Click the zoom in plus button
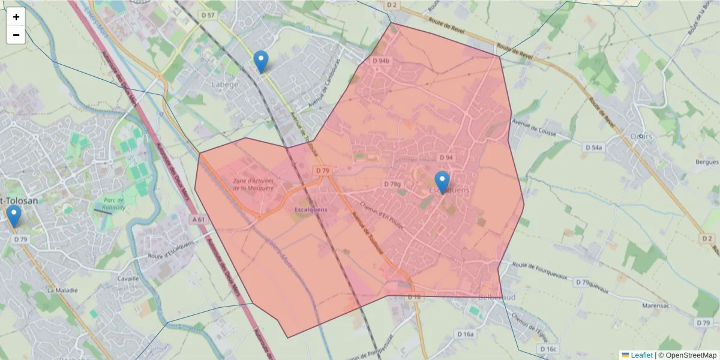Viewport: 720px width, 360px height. pos(16,17)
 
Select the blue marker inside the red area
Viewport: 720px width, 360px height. pos(442,182)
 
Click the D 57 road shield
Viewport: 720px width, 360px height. pos(208,14)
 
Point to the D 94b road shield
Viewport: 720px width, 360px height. pos(381,61)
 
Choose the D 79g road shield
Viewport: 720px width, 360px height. pos(392,184)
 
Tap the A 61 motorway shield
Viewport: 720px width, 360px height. pos(199,220)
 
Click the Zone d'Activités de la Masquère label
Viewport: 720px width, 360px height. pos(254,184)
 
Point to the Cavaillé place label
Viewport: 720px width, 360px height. pos(128,278)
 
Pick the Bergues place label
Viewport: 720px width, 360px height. pos(706,162)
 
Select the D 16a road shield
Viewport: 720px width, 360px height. pos(465,334)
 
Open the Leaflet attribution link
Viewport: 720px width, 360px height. pos(641,355)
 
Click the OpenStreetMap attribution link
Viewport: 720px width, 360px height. pos(687,355)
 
